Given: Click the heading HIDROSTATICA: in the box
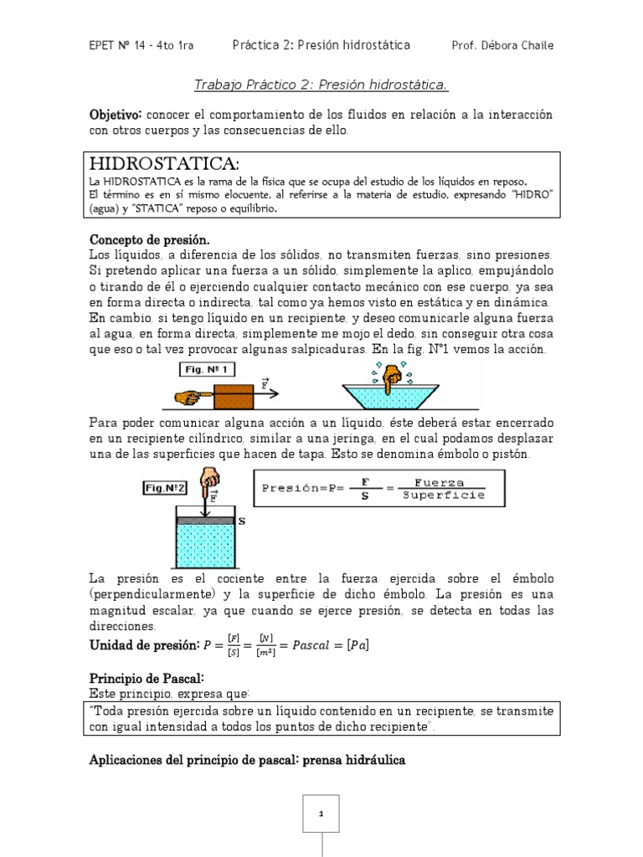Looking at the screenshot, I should tap(163, 162).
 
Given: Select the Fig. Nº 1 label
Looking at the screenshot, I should tap(205, 368).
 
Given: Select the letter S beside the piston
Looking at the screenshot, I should tap(242, 520).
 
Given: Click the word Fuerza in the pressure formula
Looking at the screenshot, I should tap(431, 482).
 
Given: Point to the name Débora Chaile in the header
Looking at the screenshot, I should tap(515, 45).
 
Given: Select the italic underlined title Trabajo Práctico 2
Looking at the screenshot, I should tap(321, 85).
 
